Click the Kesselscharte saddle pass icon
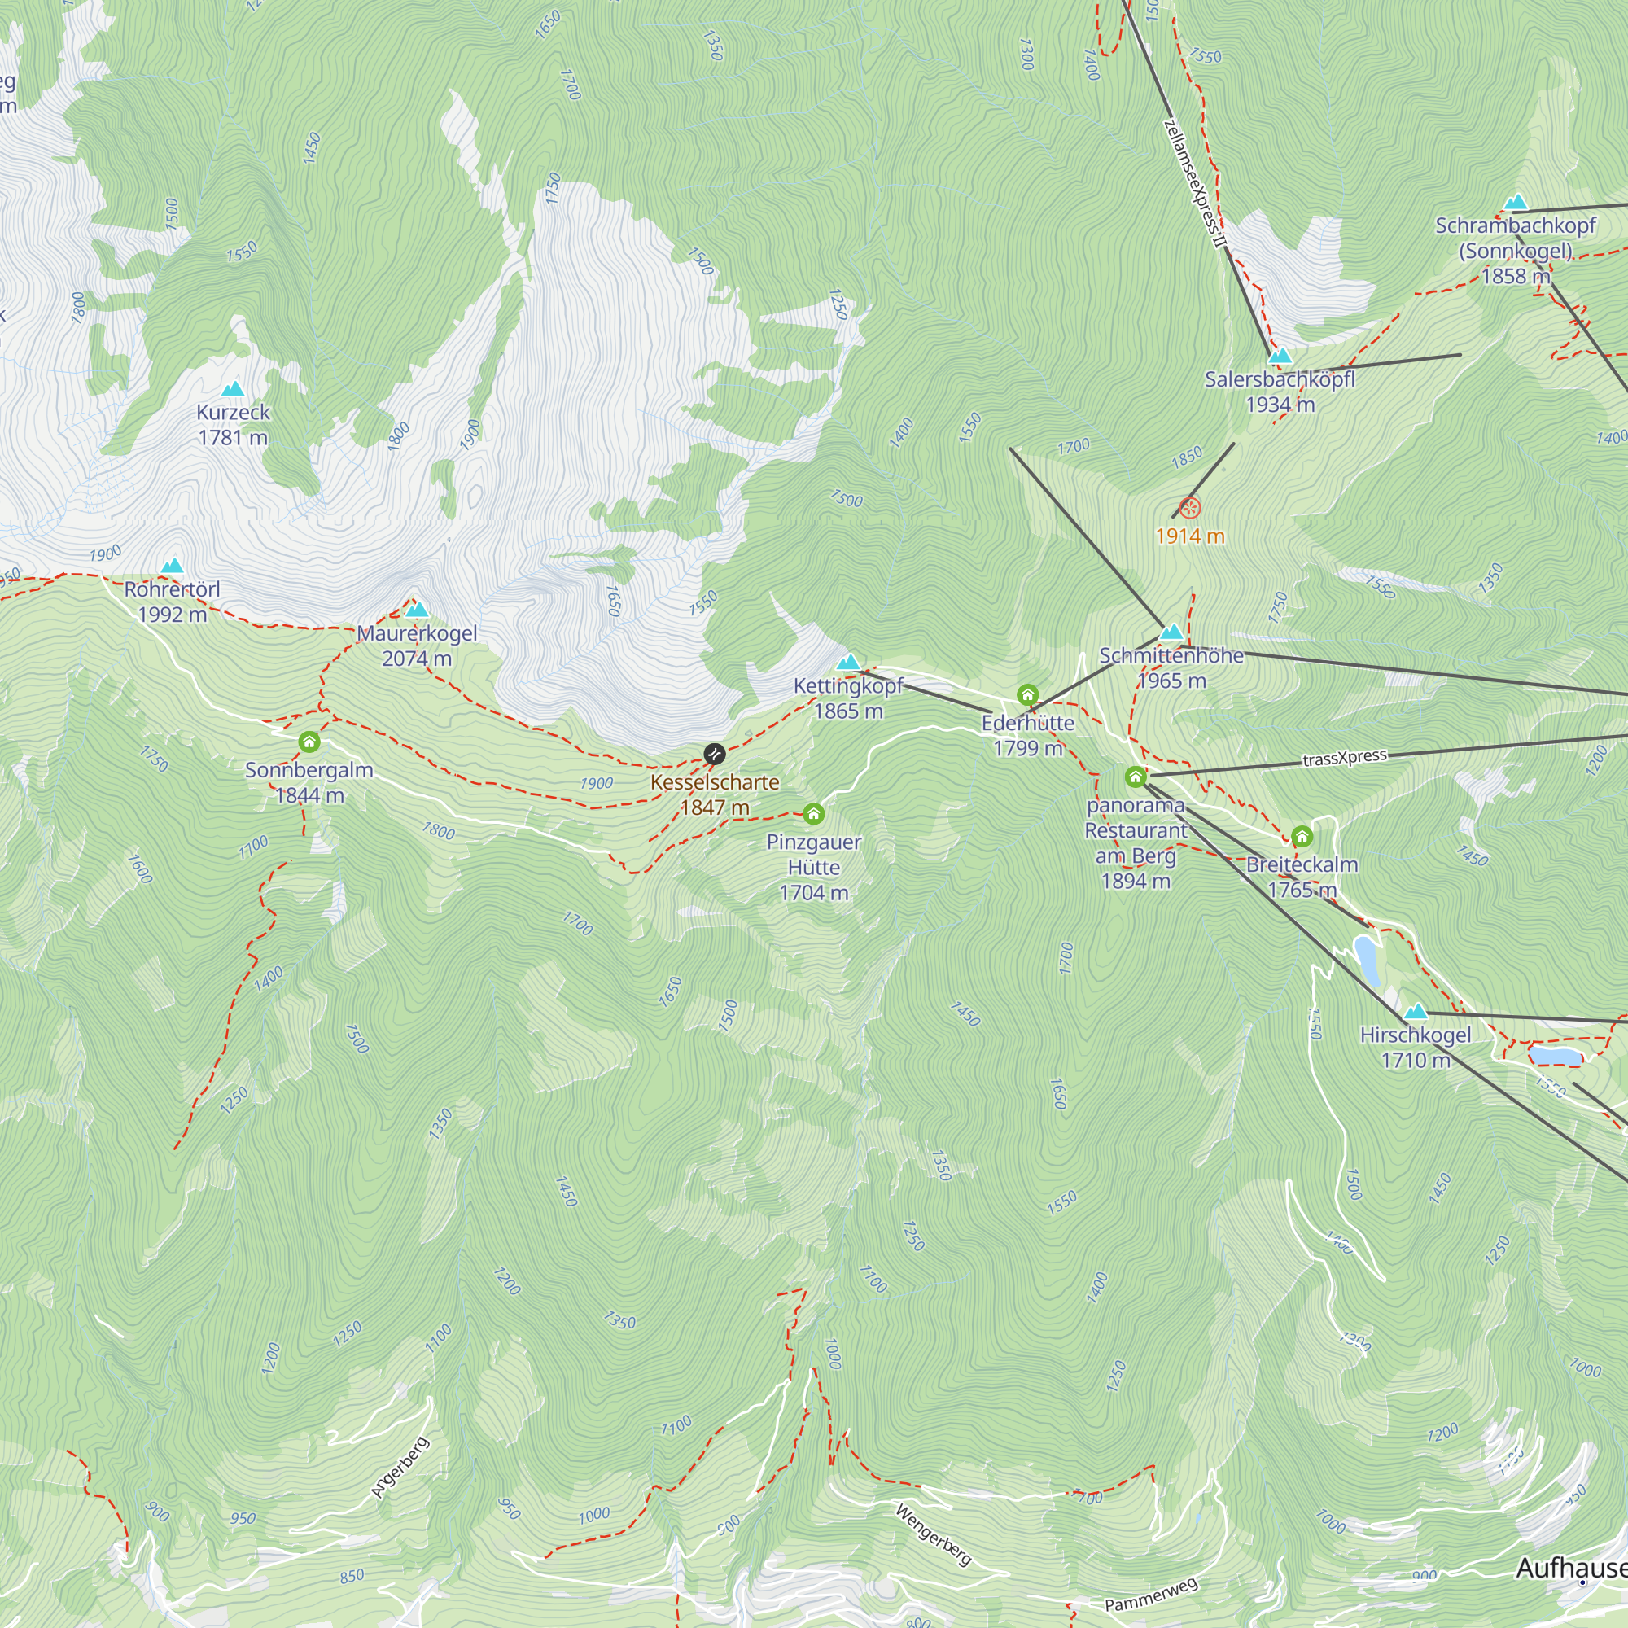pos(714,753)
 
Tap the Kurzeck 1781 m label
pos(233,425)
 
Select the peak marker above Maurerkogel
pos(417,610)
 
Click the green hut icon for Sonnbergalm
pos(309,742)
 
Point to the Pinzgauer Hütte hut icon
pos(813,813)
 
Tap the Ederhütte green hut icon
pos(1027,695)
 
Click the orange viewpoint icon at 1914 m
pos(1189,507)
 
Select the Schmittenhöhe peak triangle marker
pos(1171,632)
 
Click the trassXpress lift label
pos(1344,758)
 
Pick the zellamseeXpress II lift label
pos(1195,184)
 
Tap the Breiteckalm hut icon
pos(1302,837)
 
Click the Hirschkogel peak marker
pos(1416,1011)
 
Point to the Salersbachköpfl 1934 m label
pos(1279,392)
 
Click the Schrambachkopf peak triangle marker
pos(1516,202)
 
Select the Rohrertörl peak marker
pos(173,566)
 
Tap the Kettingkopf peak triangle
pos(848,663)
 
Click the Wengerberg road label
pos(934,1535)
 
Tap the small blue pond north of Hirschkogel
pos(1367,961)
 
